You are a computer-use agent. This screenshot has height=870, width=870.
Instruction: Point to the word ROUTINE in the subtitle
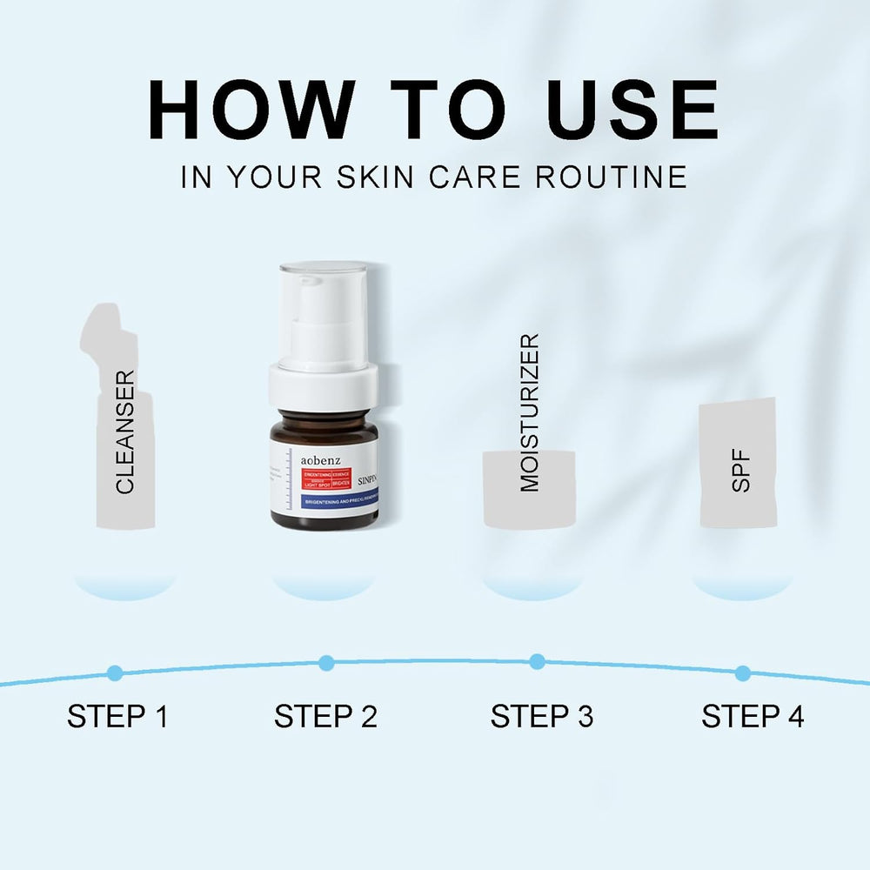click(x=611, y=177)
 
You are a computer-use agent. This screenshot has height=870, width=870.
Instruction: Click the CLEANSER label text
click(x=126, y=432)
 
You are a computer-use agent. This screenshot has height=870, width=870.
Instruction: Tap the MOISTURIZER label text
click(x=530, y=412)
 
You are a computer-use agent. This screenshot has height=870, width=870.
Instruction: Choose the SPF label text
click(x=741, y=472)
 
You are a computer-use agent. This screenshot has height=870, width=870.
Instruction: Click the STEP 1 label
click(x=117, y=717)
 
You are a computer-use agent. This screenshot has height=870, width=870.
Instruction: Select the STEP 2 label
click(x=326, y=717)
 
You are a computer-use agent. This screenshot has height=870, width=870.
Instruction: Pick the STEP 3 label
click(x=541, y=717)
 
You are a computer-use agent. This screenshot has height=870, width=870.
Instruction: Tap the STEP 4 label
click(x=753, y=717)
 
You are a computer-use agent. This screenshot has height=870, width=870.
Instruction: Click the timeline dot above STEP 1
click(x=115, y=673)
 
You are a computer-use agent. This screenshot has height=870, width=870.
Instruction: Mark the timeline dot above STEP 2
click(x=326, y=663)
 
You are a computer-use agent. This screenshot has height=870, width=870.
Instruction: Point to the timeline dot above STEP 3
click(x=538, y=661)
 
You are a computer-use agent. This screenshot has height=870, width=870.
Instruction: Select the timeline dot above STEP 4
click(x=743, y=673)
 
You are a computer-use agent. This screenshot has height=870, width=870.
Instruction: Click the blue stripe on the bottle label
click(x=327, y=502)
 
